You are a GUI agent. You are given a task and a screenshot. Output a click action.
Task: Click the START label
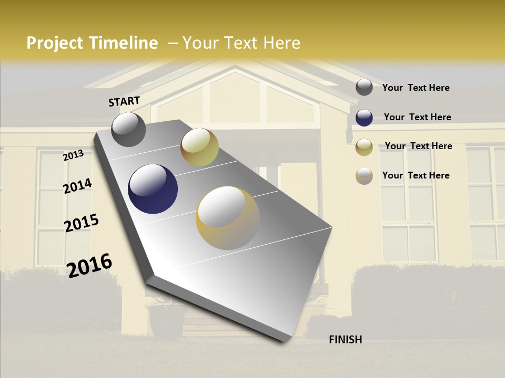[124, 101]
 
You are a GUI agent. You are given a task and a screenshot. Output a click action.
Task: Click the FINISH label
[345, 340]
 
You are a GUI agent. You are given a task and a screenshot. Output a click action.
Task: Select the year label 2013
[73, 155]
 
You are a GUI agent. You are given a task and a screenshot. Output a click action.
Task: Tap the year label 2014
[77, 186]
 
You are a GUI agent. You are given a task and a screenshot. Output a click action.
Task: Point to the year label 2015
[81, 223]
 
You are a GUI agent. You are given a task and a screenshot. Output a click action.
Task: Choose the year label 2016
[89, 265]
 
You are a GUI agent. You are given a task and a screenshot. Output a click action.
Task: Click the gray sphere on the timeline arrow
[128, 130]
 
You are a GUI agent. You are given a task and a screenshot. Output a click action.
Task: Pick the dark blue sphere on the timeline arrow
[153, 189]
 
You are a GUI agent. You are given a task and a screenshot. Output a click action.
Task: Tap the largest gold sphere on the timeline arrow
[227, 218]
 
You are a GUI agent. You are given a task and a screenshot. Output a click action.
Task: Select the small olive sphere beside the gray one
[199, 147]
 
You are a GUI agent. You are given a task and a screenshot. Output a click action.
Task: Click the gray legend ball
[364, 87]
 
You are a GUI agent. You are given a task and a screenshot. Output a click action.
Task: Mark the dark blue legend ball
[364, 118]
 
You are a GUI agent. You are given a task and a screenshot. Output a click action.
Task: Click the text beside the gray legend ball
[416, 88]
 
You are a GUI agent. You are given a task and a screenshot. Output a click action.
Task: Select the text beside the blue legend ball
[417, 117]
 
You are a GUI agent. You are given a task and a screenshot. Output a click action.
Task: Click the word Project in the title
[55, 43]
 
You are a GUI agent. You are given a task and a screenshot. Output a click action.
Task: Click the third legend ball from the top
[364, 147]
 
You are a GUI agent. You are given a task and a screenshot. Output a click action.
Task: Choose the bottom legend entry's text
[416, 175]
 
